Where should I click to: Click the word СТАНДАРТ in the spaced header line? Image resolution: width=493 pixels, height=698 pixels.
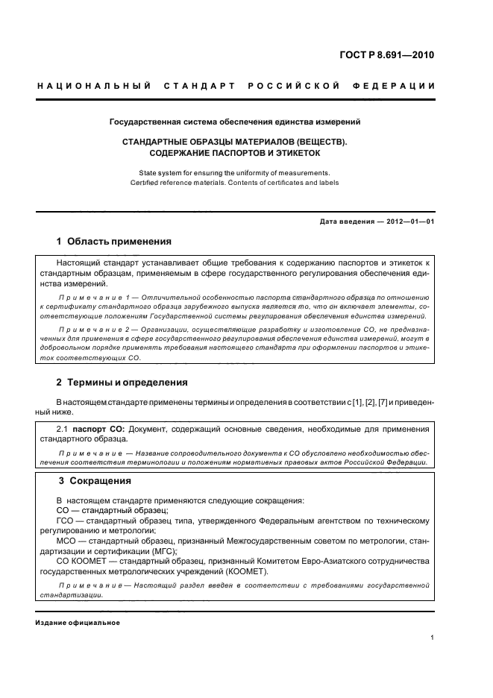point(203,87)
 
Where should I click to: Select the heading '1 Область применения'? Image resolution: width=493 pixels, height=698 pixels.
point(114,242)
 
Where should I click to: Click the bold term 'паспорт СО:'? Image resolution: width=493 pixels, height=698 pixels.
point(104,429)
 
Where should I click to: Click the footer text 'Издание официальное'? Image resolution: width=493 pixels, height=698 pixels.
point(78,623)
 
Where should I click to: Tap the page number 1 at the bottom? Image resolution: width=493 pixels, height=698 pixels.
point(433,638)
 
